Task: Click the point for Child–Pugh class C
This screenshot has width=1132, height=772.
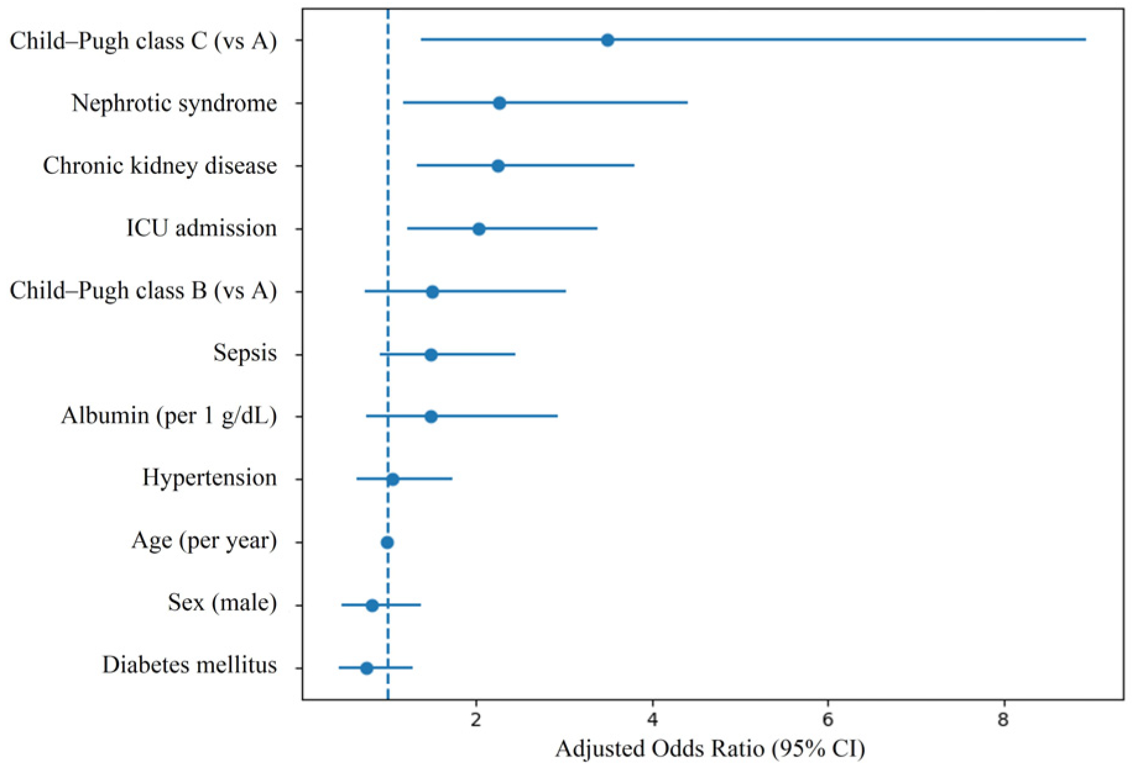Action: [607, 40]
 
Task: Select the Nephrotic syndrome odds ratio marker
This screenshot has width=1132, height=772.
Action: [499, 103]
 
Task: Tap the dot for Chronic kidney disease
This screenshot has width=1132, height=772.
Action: [498, 166]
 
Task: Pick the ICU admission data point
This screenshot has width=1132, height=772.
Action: [479, 229]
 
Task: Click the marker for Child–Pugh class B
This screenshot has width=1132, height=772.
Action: [432, 292]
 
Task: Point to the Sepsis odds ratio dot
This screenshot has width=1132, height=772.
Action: [431, 354]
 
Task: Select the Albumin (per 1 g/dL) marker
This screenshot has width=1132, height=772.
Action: [431, 417]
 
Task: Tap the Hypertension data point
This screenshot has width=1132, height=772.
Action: [392, 479]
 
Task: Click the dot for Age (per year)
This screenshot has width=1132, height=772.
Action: [387, 543]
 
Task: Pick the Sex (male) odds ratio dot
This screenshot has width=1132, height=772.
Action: [372, 605]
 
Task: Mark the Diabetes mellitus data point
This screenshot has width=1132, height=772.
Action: [367, 668]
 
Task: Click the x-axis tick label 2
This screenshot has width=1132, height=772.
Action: [476, 720]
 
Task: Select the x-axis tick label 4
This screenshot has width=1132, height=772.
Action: [652, 720]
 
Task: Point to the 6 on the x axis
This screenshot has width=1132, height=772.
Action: [828, 720]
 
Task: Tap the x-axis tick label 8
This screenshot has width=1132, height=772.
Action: [1003, 720]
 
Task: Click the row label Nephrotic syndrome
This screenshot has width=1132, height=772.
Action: [174, 103]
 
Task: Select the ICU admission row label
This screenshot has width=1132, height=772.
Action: [202, 228]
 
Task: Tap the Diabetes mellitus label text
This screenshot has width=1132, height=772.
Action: [190, 665]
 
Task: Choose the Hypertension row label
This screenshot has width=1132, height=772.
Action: [210, 478]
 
